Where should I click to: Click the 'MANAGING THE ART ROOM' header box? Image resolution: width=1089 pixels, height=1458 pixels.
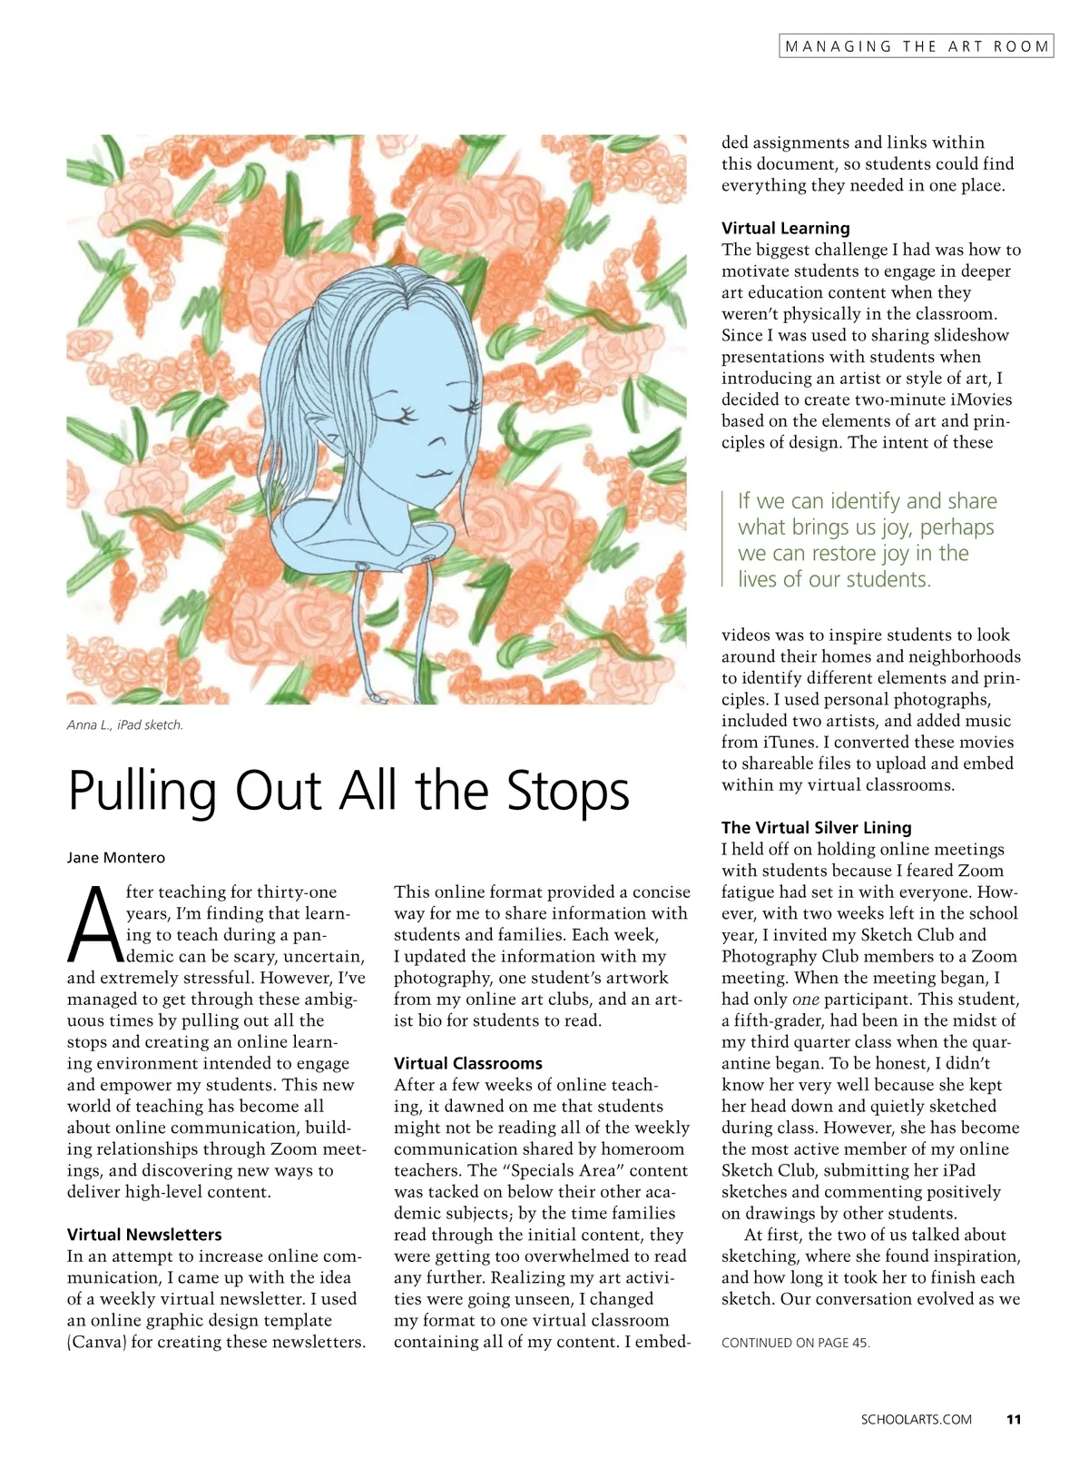pos(916,46)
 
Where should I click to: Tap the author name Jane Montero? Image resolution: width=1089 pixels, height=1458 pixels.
pos(116,858)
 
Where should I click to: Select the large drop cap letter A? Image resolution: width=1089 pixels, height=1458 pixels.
pos(94,924)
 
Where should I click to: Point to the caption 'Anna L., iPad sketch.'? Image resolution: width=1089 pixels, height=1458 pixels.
pos(125,725)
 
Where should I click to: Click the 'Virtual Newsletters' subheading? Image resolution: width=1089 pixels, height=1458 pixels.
pos(144,1235)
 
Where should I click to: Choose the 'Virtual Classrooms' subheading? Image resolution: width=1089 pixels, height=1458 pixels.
pos(468,1063)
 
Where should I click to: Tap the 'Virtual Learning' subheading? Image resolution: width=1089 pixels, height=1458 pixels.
pos(786,228)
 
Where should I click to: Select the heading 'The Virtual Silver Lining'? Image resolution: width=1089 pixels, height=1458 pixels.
pos(817,827)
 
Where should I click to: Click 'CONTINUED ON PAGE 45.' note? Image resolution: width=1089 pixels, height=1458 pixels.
pos(796,1343)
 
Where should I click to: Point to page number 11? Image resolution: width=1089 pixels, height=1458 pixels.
pos(1015,1419)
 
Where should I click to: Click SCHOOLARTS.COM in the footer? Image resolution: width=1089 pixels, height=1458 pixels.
pos(917,1419)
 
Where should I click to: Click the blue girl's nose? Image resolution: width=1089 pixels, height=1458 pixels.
pos(438,442)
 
